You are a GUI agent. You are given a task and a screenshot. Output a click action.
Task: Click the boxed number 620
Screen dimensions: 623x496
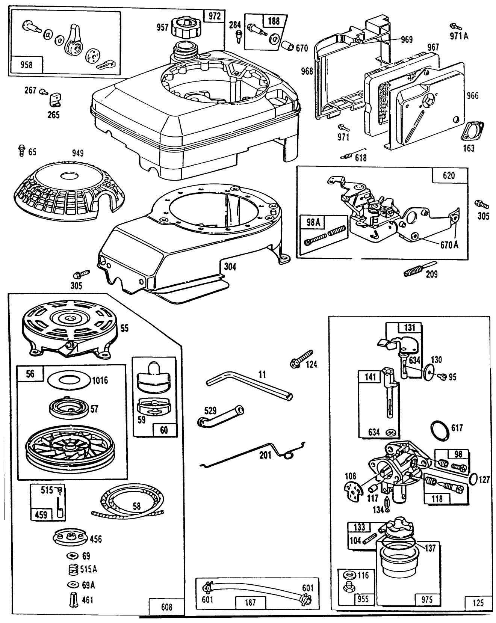coord(449,175)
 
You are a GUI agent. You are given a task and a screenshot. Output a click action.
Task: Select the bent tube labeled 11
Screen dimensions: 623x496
coord(248,384)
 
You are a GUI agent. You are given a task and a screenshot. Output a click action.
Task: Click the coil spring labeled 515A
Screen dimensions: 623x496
coord(74,569)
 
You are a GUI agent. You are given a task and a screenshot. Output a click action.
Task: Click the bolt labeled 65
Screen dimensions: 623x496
coord(21,151)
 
